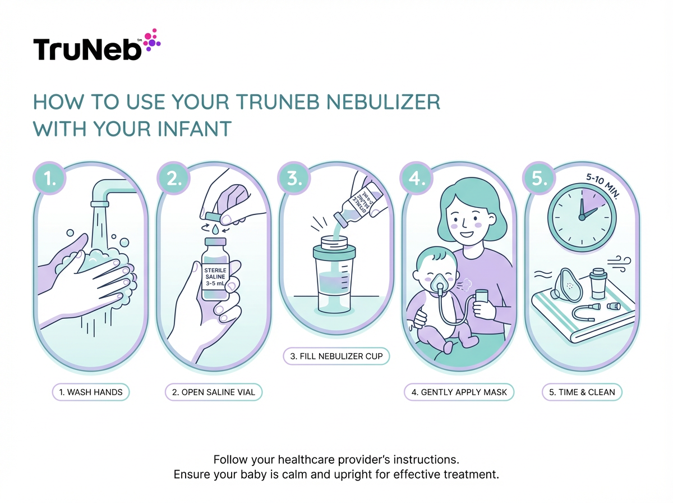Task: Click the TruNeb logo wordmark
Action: point(89,49)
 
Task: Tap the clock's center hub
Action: point(582,216)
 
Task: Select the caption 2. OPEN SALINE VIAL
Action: point(214,392)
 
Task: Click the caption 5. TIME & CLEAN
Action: point(582,392)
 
